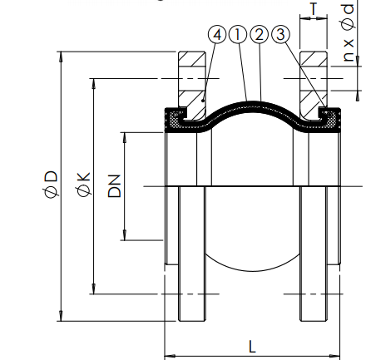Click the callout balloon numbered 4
click(219, 35)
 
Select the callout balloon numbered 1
click(239, 35)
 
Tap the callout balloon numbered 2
click(259, 35)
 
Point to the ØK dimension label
click(83, 185)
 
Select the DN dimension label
click(114, 185)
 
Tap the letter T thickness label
click(313, 10)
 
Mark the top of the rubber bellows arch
click(253, 99)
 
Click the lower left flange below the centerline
click(189, 266)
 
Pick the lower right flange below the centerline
click(315, 266)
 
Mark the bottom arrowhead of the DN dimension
click(125, 235)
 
